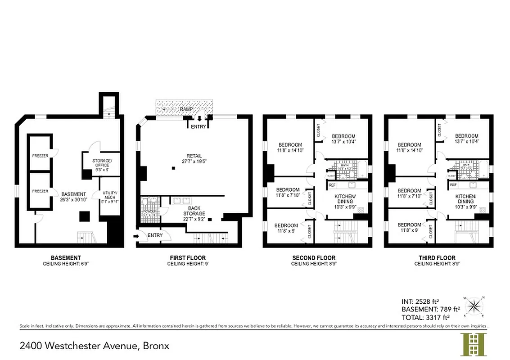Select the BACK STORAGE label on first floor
tap(194, 211)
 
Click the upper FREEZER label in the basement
tap(40, 156)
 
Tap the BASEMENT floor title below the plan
tap(66, 258)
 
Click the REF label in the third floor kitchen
tap(453, 184)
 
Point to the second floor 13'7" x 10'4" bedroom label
tap(343, 139)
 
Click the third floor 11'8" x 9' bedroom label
tap(409, 227)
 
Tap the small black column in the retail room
tap(173, 169)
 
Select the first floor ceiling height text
tap(188, 264)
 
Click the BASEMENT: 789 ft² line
tap(430, 309)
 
